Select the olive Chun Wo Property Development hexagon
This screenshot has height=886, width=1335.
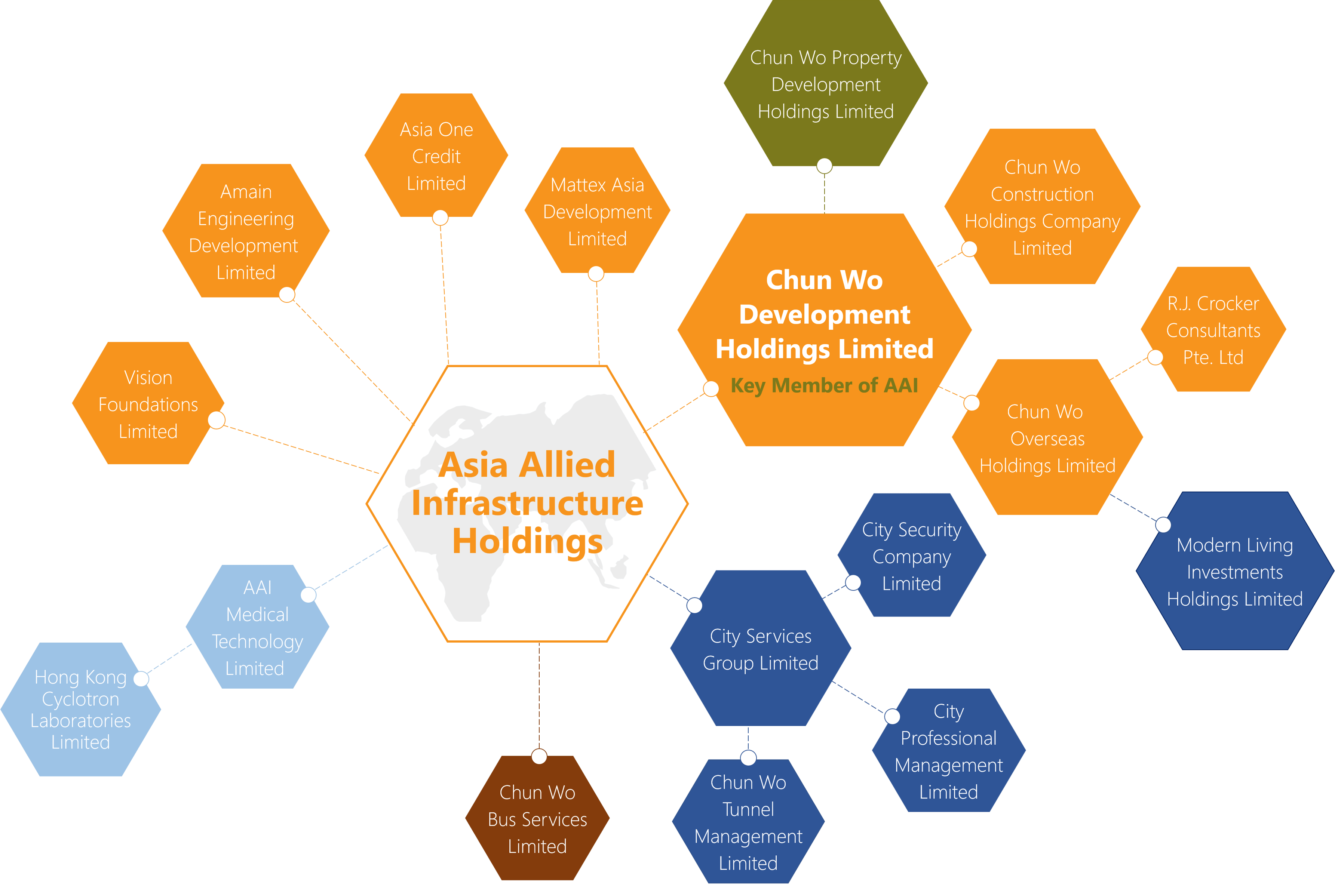825,85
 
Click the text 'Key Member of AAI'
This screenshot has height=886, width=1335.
824,385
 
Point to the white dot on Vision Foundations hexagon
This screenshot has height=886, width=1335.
217,420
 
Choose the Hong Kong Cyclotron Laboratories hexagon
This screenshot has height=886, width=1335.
81,710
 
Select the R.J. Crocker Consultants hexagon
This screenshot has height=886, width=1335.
1213,330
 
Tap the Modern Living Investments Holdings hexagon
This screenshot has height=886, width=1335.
1234,572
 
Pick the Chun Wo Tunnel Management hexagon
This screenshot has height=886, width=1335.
748,822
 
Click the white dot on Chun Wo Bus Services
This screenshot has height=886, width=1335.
539,756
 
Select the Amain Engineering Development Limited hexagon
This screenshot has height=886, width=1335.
246,232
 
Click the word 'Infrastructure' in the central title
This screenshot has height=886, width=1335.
527,504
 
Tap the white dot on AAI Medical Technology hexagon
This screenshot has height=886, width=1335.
308,594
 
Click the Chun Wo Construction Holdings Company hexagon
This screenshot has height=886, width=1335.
1042,207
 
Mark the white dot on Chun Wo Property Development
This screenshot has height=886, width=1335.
825,166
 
